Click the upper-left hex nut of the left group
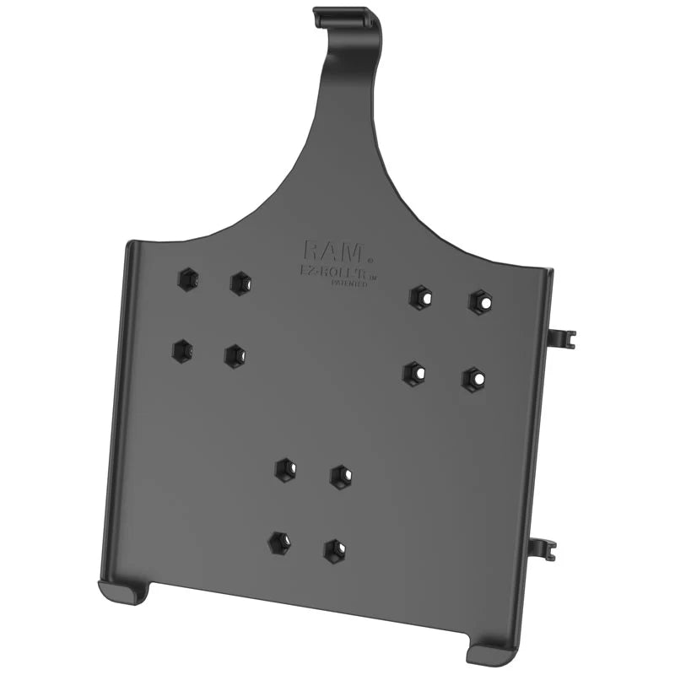pos(187,280)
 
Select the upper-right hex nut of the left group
pos(240,283)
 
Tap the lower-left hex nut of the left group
pos(181,350)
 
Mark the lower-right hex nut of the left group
pos(235,356)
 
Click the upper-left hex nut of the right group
pos(419,297)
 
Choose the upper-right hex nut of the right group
pos(480,301)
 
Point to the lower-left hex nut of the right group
pos(413,373)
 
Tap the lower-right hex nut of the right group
pos(474,379)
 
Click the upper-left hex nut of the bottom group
pos(285,469)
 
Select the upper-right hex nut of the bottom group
pos(341,477)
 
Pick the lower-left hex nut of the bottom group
pos(279,543)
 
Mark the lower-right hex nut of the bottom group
pos(335,551)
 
